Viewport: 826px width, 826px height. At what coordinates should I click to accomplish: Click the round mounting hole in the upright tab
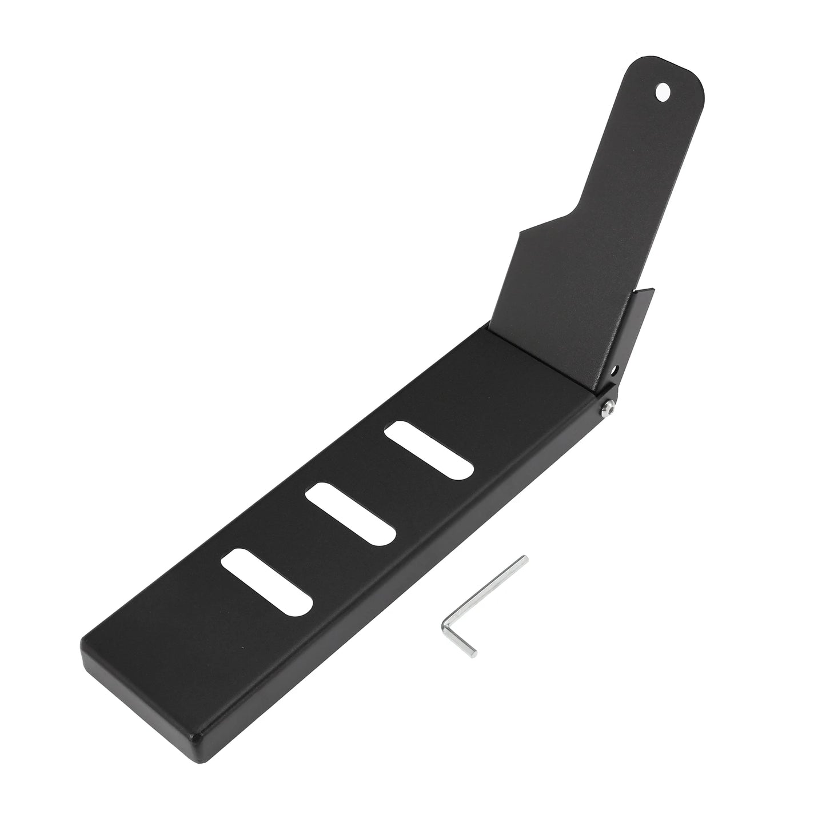coord(663,91)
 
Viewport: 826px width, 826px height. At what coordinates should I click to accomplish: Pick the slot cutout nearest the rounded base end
coord(267,581)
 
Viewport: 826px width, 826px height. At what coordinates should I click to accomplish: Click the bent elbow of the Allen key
coord(445,625)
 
